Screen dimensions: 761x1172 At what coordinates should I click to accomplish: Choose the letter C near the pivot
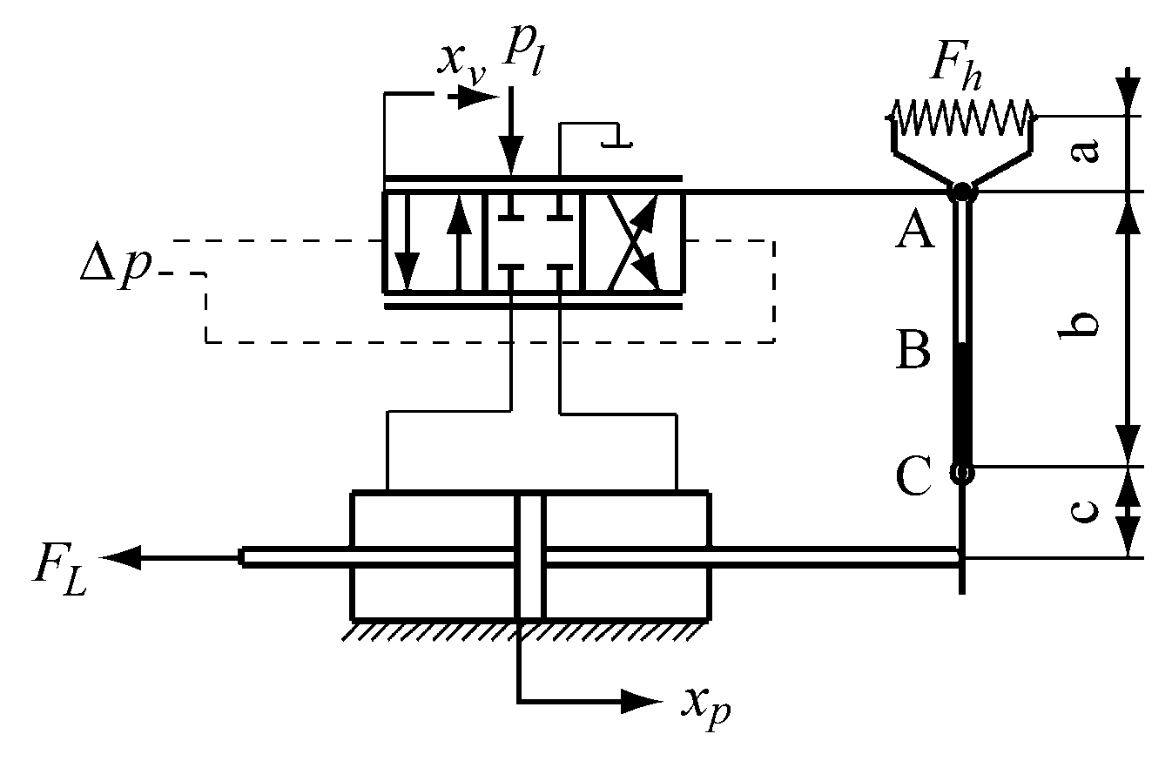click(913, 478)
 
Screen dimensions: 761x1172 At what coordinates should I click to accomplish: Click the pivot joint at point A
click(961, 191)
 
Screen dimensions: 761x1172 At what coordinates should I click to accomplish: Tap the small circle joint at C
click(961, 472)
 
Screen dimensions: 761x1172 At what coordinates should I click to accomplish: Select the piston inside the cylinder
click(530, 556)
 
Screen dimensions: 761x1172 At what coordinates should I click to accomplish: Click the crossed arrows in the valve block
click(633, 241)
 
